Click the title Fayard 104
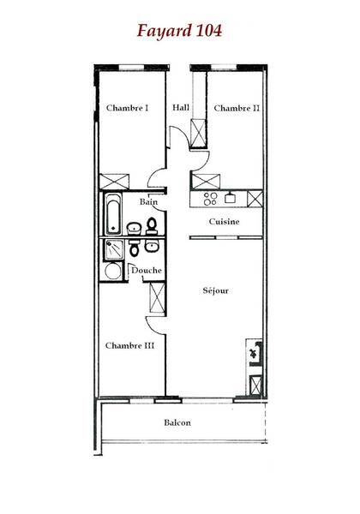click(179, 31)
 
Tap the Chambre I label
click(127, 108)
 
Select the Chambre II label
click(237, 108)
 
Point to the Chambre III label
click(129, 345)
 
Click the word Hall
click(181, 107)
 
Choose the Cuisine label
click(225, 222)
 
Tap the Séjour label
click(215, 290)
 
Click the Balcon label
click(177, 422)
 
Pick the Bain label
click(148, 201)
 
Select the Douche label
click(147, 271)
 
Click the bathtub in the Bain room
click(113, 213)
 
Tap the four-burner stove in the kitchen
click(210, 199)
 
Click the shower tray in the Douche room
click(114, 250)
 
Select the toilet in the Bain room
click(152, 226)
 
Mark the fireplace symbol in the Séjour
click(255, 353)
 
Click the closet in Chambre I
click(114, 182)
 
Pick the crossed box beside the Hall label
click(198, 134)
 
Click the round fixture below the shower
click(113, 271)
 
